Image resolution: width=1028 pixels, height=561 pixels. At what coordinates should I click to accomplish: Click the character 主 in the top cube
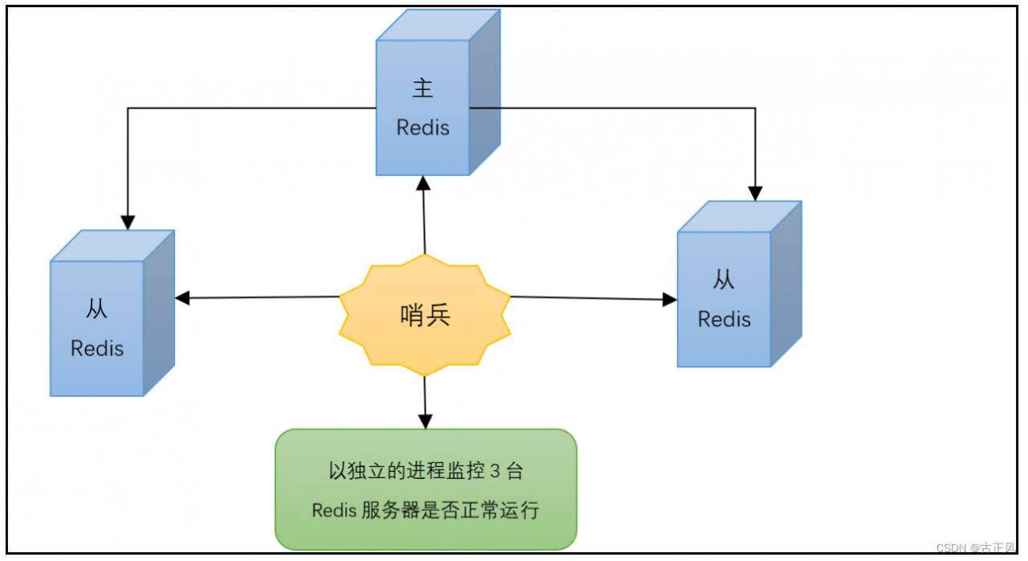coord(422,88)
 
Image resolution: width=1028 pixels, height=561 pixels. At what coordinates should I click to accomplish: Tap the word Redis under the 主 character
coord(422,127)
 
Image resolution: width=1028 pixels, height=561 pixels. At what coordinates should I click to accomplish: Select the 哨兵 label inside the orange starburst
coord(425,315)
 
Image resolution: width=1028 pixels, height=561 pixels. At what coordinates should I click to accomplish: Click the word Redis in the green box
coord(333,510)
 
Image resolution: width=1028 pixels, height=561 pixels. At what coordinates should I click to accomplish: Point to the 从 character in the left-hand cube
coord(96,309)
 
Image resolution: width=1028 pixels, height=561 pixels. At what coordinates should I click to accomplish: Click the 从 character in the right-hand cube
coord(724,280)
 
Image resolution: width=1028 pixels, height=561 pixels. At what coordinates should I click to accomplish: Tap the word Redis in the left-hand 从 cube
coord(97,349)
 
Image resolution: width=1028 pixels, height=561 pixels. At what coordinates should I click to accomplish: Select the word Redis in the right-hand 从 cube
coord(724,319)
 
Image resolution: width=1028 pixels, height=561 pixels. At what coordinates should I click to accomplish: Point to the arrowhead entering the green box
coord(425,421)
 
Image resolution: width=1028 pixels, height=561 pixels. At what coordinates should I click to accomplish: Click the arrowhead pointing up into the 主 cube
coord(422,182)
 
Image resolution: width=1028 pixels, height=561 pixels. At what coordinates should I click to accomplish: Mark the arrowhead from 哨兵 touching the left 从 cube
coord(182,298)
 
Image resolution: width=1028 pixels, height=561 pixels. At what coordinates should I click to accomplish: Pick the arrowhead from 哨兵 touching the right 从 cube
coord(670,300)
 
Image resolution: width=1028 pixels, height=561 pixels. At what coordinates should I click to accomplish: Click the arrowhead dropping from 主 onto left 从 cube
coord(128,223)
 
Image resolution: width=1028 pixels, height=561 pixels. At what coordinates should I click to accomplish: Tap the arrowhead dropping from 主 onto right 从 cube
coord(755,193)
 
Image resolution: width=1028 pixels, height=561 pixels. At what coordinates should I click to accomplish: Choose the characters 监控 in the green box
coord(467,471)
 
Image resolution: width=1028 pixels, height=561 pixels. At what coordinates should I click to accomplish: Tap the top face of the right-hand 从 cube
coord(739,217)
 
